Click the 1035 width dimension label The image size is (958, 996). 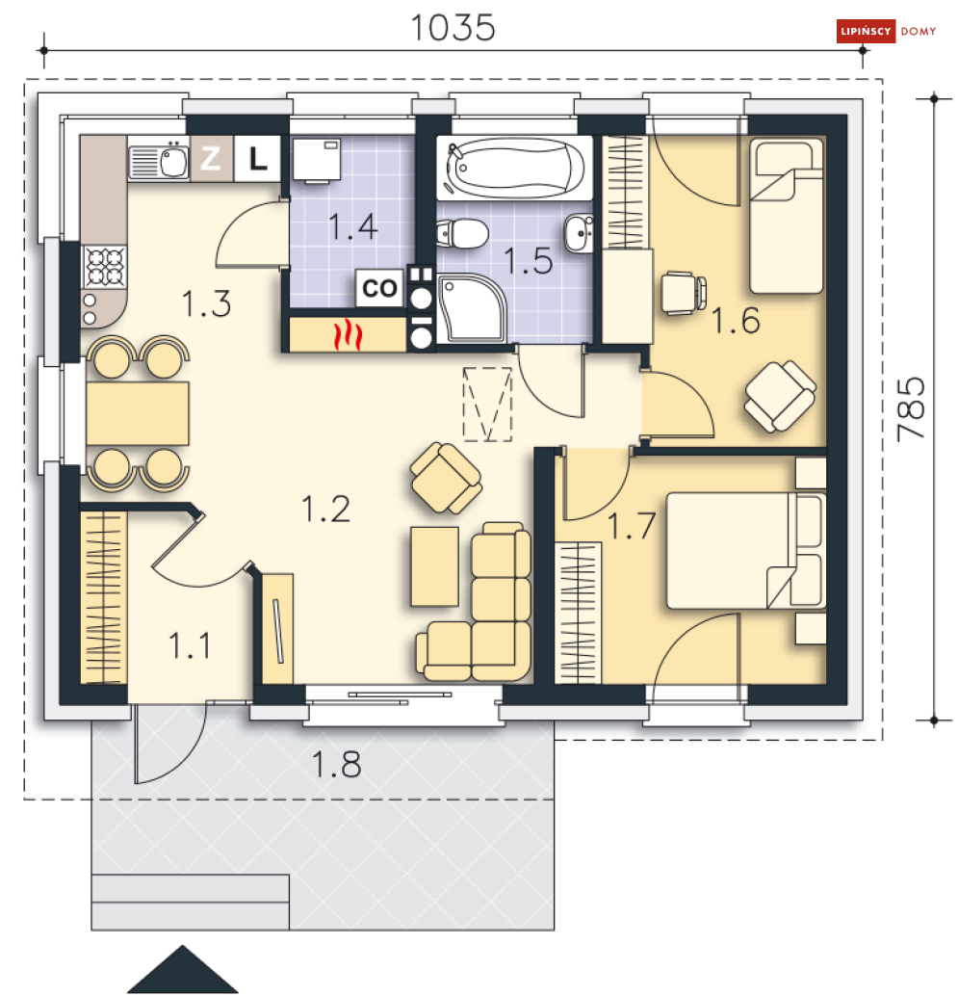click(453, 28)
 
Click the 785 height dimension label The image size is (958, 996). click(911, 409)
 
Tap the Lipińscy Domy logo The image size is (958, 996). click(886, 31)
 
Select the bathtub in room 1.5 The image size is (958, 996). click(514, 168)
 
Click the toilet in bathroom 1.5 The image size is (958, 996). click(462, 233)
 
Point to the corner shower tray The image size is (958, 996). click(472, 308)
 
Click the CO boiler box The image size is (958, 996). click(379, 288)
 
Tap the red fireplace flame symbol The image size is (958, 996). click(349, 335)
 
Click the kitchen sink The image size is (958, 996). click(159, 161)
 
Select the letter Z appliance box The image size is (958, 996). click(212, 158)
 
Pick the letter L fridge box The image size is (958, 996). click(257, 158)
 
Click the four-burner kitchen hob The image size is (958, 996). click(104, 267)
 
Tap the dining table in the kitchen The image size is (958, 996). click(137, 413)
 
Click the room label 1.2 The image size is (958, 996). click(325, 510)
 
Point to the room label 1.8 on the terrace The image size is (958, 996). click(336, 764)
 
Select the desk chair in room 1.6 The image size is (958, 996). click(684, 293)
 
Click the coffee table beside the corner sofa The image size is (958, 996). click(435, 566)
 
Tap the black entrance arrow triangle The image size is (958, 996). click(183, 969)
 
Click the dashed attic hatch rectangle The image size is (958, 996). click(487, 404)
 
